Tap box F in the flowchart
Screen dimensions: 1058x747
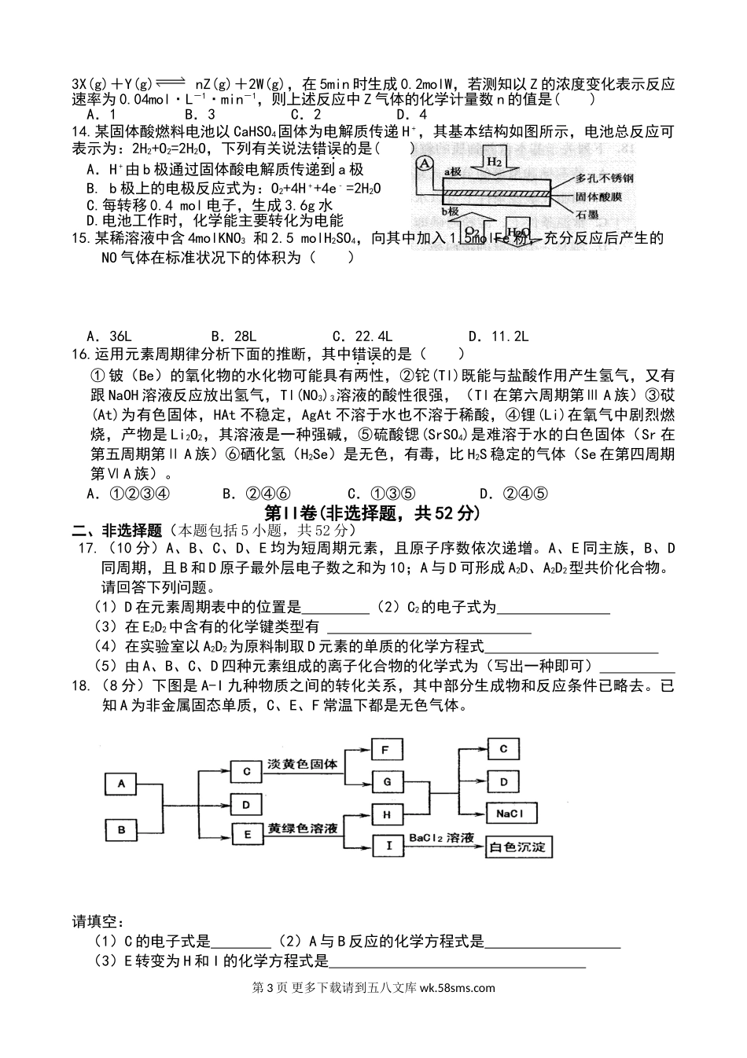pyautogui.click(x=386, y=750)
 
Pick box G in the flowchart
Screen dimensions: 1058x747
pyautogui.click(x=386, y=782)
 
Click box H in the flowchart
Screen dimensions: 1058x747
pyautogui.click(x=386, y=814)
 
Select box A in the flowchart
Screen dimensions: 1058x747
pyautogui.click(x=122, y=784)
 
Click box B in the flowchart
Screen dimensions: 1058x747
pyautogui.click(x=122, y=829)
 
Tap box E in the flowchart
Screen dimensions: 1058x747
pyautogui.click(x=247, y=834)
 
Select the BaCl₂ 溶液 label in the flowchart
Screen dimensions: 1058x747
pyautogui.click(x=441, y=839)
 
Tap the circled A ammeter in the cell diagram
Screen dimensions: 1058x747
pyautogui.click(x=425, y=163)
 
